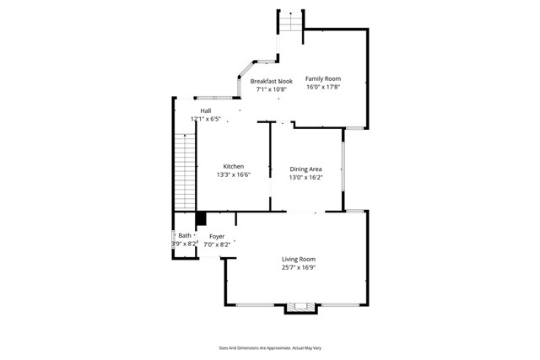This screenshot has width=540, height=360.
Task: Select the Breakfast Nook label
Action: [272, 81]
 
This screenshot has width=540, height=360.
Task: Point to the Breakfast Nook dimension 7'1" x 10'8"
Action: [272, 89]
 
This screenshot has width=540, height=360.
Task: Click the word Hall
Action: [205, 110]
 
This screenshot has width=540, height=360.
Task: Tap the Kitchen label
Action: [234, 166]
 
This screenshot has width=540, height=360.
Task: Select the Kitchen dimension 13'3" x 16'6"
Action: [234, 175]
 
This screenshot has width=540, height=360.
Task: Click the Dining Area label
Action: [305, 169]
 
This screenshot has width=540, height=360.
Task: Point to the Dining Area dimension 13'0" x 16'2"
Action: [305, 177]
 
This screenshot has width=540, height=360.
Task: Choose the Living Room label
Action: [299, 259]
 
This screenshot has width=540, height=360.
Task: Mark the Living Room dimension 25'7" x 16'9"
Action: [299, 267]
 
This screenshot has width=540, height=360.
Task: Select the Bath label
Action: [184, 236]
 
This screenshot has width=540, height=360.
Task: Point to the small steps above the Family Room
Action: [290, 22]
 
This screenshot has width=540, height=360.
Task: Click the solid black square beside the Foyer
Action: [201, 219]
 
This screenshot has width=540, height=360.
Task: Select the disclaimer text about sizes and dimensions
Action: [269, 347]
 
